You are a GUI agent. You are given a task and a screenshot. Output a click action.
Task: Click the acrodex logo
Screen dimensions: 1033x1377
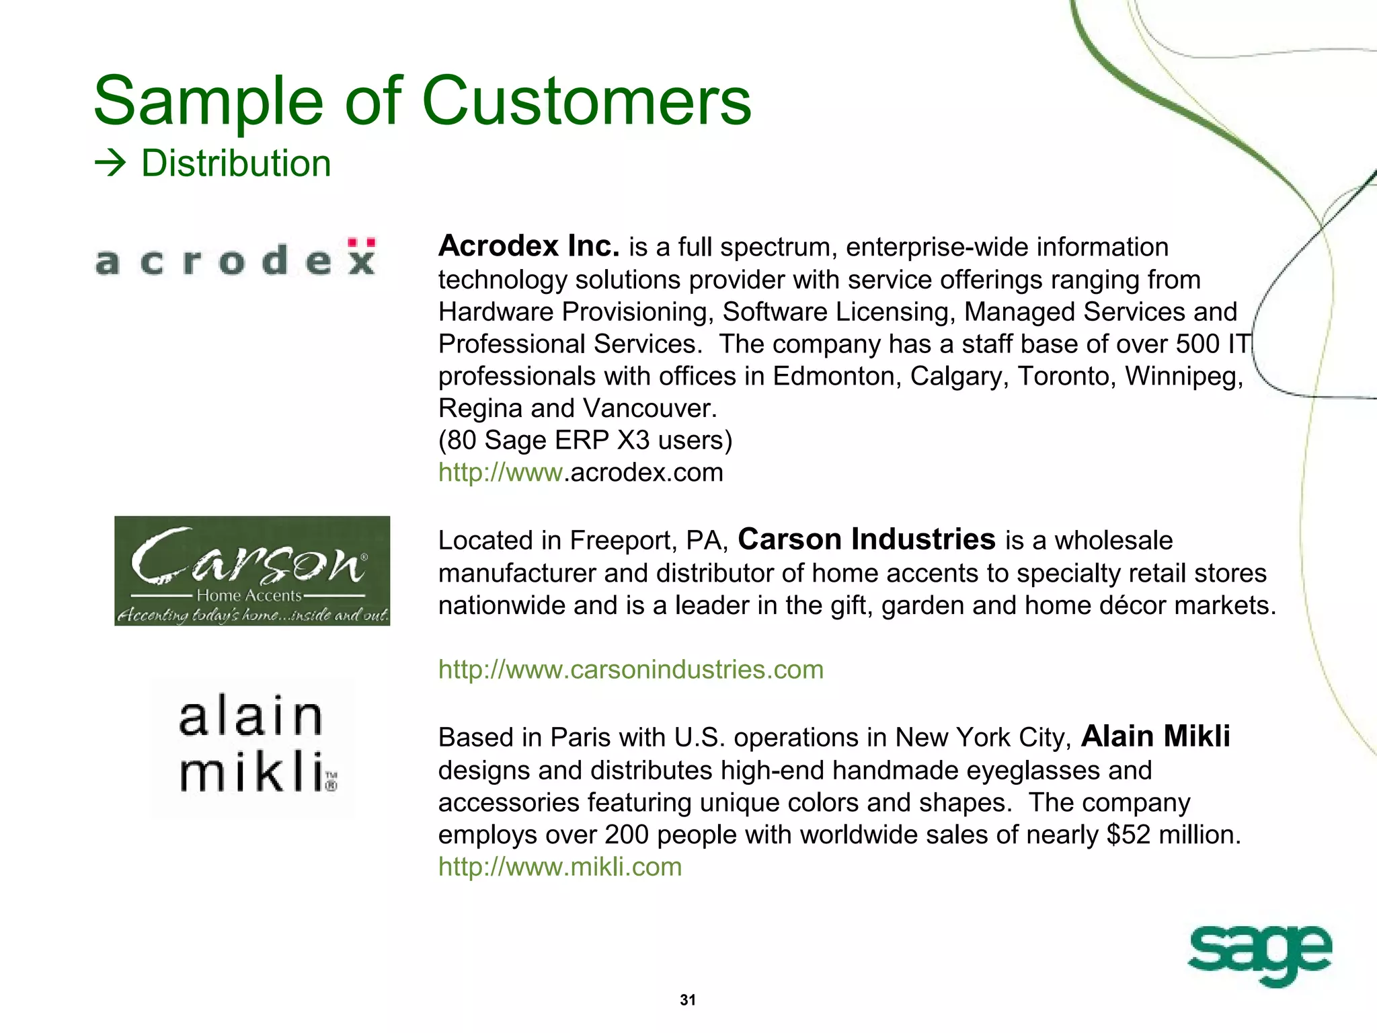point(235,259)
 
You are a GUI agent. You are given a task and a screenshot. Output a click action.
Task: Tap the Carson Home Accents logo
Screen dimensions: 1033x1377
point(252,571)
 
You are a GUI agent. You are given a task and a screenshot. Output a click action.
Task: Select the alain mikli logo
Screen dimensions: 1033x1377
point(257,745)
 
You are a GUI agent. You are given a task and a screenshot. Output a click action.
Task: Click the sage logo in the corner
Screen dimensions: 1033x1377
point(1259,954)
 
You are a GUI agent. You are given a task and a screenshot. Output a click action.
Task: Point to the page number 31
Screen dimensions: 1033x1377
point(688,1000)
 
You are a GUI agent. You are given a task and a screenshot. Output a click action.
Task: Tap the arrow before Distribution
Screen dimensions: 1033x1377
point(110,163)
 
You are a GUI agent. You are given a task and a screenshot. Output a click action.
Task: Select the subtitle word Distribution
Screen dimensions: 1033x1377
point(236,163)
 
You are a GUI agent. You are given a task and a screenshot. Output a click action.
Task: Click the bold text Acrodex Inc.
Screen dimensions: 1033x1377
point(528,246)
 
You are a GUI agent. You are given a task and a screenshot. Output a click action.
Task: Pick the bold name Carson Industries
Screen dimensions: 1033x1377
point(866,539)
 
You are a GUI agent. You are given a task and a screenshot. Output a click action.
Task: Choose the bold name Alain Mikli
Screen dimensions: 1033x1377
point(1155,736)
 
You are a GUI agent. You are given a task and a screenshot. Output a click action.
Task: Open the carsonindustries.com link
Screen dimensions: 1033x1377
point(631,670)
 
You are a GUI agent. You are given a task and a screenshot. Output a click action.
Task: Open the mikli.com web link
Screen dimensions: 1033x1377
point(560,867)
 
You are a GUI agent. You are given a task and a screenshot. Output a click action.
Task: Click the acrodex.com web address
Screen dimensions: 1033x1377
point(581,473)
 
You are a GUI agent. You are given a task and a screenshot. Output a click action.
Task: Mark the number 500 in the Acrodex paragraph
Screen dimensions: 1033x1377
point(1197,344)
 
